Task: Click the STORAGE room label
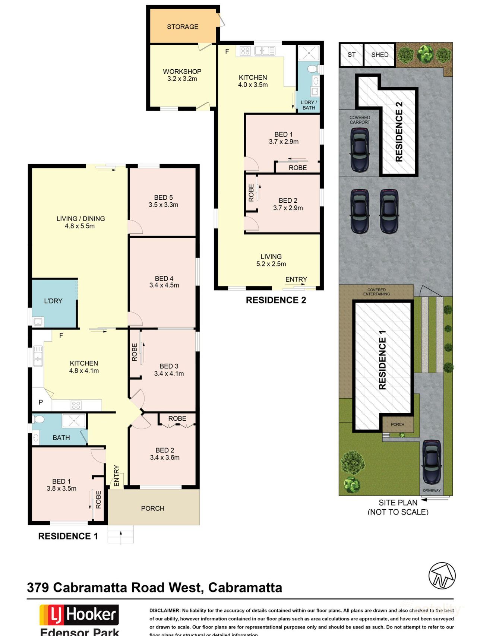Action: tap(183, 27)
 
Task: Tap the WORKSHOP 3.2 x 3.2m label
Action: tap(182, 75)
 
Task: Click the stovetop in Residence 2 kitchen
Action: tap(245, 51)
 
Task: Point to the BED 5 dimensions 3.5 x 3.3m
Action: tap(163, 205)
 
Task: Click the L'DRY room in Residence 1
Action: tap(53, 301)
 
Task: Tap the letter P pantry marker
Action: tap(41, 402)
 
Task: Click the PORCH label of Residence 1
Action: tap(152, 509)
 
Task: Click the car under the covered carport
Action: tap(359, 150)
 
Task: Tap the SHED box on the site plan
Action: tap(380, 55)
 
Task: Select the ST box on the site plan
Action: tap(351, 55)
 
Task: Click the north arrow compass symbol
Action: tap(442, 576)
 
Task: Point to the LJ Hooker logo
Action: tap(79, 615)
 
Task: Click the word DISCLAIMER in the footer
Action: tap(164, 611)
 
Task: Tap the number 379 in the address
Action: tap(38, 588)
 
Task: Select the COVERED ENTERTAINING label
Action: tap(376, 292)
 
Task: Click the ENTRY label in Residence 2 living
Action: tap(296, 279)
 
